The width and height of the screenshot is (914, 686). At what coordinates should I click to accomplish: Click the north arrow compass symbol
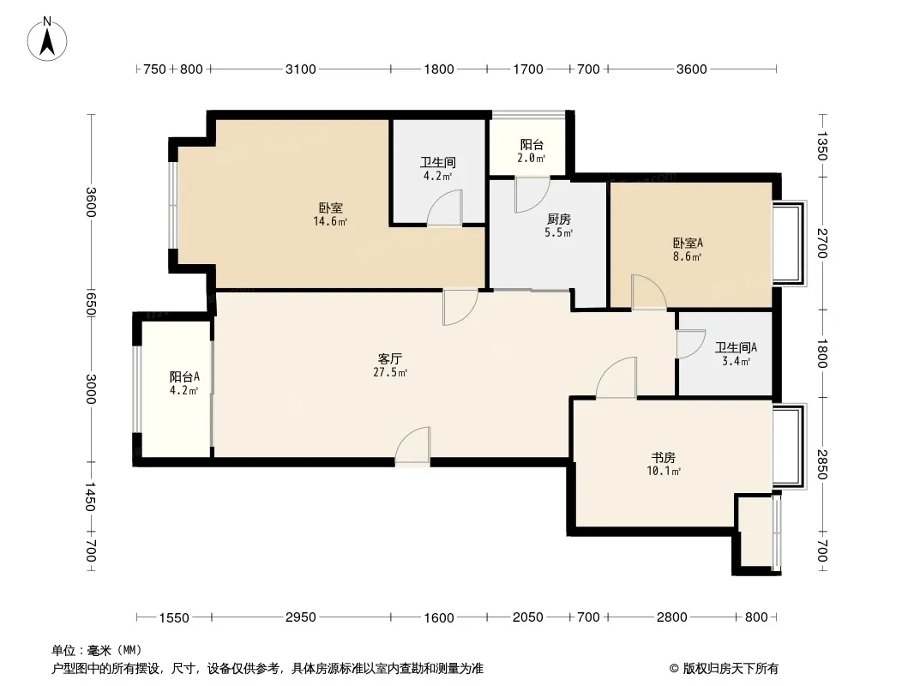[47, 39]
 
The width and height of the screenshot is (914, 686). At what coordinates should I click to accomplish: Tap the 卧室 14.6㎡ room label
[330, 214]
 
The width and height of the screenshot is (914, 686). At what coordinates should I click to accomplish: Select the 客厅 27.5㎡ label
[390, 365]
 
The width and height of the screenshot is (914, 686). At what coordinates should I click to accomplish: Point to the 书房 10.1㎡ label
[664, 464]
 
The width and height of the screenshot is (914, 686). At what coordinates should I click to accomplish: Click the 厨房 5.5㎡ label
[558, 226]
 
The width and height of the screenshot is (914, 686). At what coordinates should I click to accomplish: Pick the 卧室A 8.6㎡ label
[688, 249]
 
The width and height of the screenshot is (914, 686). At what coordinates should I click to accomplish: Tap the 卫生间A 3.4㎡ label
[737, 354]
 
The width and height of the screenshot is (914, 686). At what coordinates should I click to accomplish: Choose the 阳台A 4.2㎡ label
[184, 383]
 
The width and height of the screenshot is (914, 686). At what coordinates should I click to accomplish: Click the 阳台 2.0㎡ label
[532, 150]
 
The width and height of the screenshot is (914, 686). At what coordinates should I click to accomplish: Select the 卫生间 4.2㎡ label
[438, 168]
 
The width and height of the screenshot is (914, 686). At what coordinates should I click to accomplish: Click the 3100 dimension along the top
[301, 69]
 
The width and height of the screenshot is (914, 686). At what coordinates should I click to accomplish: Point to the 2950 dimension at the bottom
[301, 617]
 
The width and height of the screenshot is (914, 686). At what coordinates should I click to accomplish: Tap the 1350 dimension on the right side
[821, 146]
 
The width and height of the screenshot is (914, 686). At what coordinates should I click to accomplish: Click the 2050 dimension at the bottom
[528, 617]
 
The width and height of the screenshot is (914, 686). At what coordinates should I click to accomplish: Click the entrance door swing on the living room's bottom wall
[412, 447]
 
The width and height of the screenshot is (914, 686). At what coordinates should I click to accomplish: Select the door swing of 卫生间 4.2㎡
[444, 208]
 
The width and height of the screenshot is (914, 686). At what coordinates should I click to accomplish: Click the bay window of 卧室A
[791, 243]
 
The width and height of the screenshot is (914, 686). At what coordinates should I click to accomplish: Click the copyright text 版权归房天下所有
[731, 669]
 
